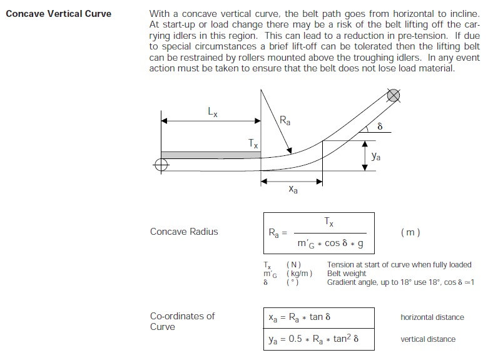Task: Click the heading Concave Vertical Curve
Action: [x=58, y=14]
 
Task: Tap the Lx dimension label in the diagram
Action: [x=212, y=112]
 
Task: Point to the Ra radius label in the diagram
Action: [x=285, y=119]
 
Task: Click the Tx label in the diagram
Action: [x=253, y=143]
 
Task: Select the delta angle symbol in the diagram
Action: [x=379, y=126]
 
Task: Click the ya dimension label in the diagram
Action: [x=375, y=157]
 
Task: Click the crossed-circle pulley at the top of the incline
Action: [x=393, y=96]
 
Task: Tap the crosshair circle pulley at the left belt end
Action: [x=161, y=165]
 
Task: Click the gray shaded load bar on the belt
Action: [x=210, y=155]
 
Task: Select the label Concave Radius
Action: [x=184, y=232]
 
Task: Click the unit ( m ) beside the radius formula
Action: [x=410, y=232]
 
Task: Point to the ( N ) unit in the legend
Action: [x=293, y=265]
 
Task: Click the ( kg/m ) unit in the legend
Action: [x=299, y=274]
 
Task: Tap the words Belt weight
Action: [x=347, y=274]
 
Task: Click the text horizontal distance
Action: [x=432, y=317]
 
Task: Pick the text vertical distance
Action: [x=428, y=339]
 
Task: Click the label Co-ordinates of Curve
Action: [x=181, y=321]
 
